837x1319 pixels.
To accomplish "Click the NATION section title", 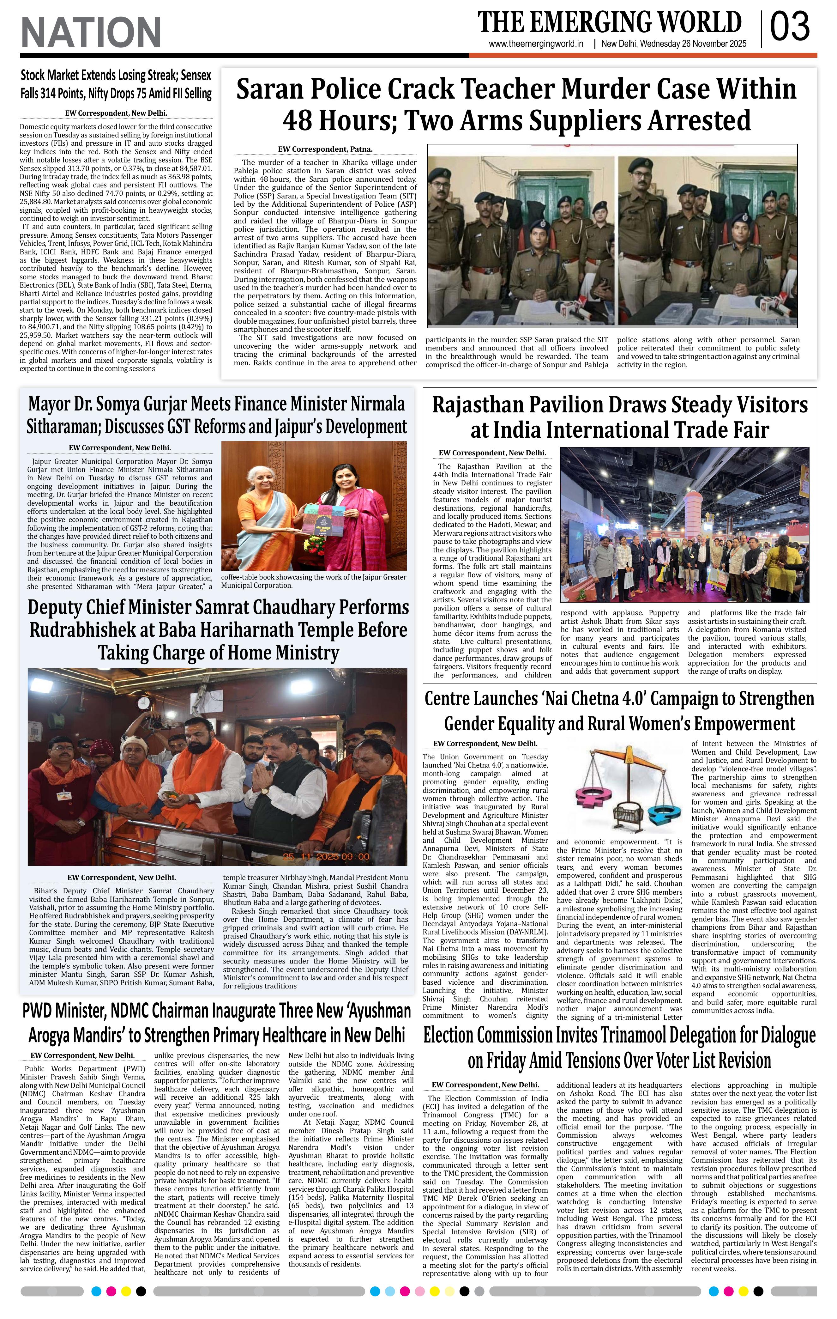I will point(91,32).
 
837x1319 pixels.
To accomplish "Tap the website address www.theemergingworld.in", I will point(535,44).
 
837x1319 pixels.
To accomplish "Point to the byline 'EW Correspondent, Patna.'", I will point(325,149).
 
